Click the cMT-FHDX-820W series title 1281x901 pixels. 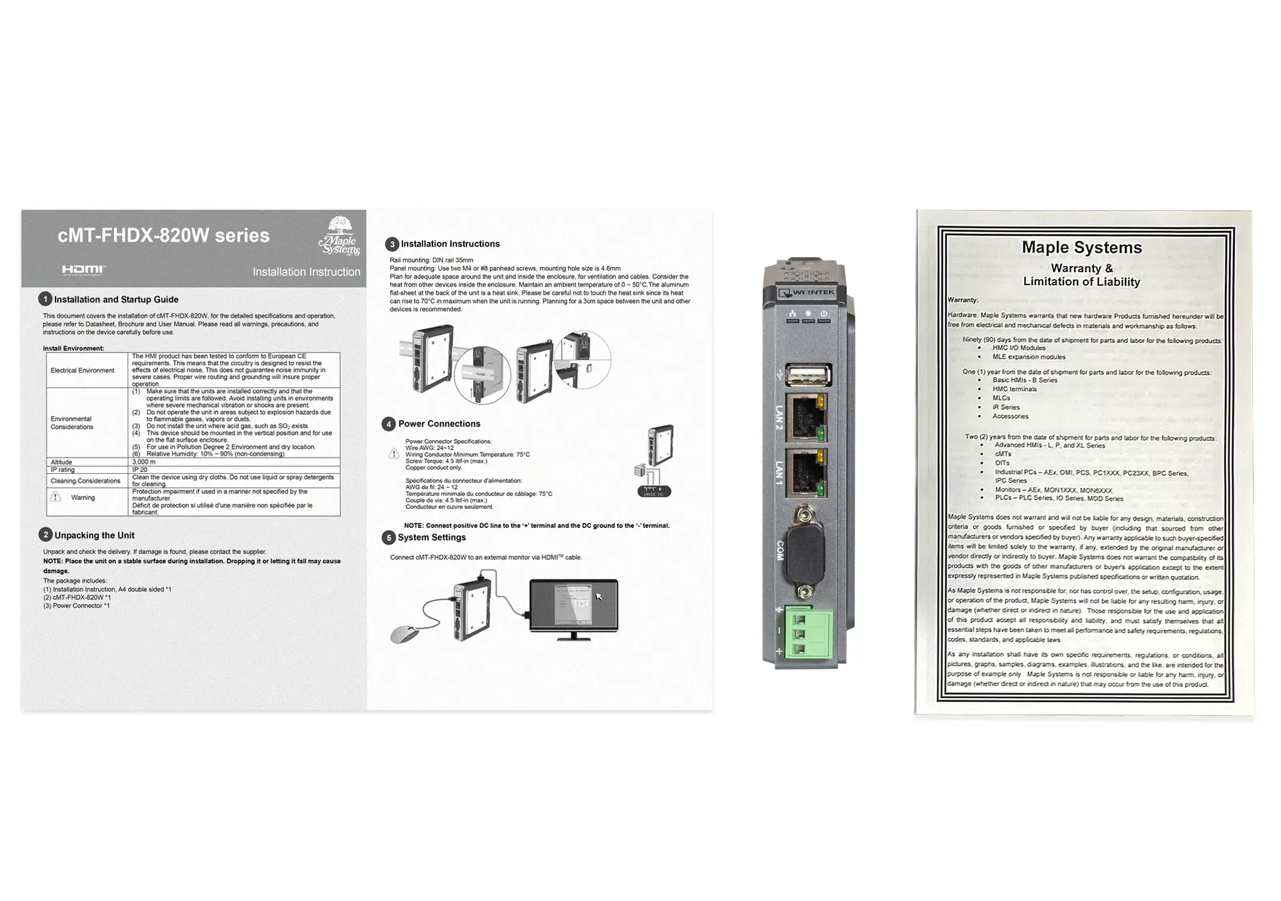(x=163, y=236)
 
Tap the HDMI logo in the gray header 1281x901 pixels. (x=83, y=270)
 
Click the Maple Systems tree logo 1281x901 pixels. (x=340, y=236)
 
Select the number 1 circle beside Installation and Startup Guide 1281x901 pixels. (x=45, y=299)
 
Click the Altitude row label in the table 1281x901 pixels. (x=61, y=462)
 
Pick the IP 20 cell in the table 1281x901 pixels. (x=139, y=470)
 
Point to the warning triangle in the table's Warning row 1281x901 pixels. (x=56, y=497)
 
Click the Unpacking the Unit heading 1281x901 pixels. (x=94, y=535)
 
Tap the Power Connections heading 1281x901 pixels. (x=439, y=424)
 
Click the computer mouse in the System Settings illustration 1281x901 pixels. (x=404, y=634)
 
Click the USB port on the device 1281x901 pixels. (x=808, y=375)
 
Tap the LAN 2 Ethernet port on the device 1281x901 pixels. (x=806, y=418)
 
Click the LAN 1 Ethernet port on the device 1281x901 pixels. (x=806, y=473)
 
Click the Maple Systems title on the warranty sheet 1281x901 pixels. (x=1082, y=248)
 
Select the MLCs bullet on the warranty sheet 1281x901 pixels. (x=1001, y=398)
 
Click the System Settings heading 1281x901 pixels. (x=432, y=537)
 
